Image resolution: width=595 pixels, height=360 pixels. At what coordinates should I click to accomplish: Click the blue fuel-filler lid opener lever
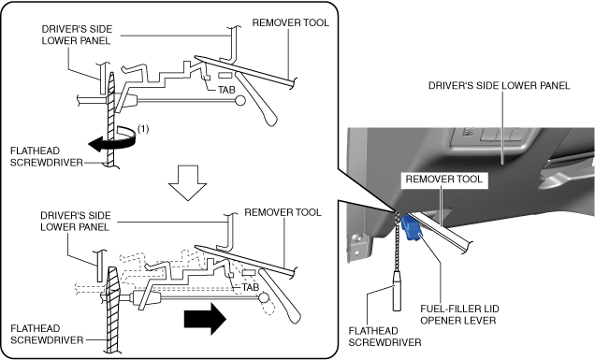[412, 227]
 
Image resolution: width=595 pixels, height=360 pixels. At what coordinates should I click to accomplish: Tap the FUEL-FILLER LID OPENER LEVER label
[459, 314]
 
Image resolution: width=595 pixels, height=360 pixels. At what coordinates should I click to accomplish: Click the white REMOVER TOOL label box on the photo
[444, 180]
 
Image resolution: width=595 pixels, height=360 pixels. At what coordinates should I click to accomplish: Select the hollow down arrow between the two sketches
[187, 182]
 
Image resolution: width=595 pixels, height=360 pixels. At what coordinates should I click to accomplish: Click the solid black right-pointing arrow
[205, 319]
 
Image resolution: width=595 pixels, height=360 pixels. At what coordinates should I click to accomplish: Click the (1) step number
[143, 129]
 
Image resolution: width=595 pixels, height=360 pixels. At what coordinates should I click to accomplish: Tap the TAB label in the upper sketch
[226, 90]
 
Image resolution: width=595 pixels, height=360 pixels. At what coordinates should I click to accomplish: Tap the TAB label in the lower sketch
[251, 287]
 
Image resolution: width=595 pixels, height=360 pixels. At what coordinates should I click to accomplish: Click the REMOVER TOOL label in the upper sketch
[290, 22]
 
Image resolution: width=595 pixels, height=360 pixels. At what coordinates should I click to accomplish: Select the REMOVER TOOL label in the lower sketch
[283, 212]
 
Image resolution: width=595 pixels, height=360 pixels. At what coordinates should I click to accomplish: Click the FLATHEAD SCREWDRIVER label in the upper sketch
[46, 157]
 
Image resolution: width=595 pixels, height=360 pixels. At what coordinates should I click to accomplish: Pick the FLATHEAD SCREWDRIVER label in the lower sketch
[47, 334]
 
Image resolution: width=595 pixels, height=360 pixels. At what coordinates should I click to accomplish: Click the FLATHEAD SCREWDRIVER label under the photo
[385, 337]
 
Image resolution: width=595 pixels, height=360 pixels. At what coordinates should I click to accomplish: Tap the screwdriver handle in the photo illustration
[397, 291]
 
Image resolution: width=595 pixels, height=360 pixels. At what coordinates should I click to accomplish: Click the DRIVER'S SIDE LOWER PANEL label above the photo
[499, 86]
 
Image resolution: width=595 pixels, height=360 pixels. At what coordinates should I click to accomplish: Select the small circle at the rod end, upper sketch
[239, 101]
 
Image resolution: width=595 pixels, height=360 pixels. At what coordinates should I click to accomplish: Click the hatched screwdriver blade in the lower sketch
[112, 310]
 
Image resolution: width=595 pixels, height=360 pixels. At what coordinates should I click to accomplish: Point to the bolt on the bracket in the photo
[356, 238]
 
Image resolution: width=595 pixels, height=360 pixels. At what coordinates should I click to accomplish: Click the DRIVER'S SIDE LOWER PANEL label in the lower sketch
[76, 222]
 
